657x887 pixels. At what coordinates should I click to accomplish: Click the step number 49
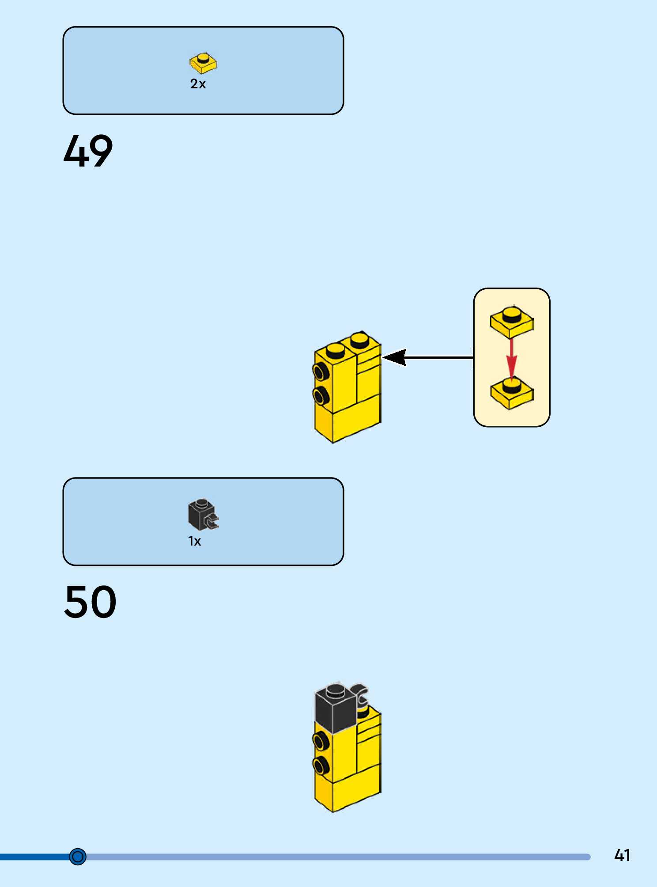tap(88, 151)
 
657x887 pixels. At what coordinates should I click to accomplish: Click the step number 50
tap(91, 602)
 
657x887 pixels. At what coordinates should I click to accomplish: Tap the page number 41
tap(622, 855)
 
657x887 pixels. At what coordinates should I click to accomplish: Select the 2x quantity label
tap(198, 84)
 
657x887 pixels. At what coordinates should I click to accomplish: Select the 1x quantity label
tap(195, 541)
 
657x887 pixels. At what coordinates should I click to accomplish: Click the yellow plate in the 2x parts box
tap(204, 63)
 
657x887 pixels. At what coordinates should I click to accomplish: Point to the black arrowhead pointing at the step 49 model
tap(394, 357)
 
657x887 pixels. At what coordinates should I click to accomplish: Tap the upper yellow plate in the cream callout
tap(512, 322)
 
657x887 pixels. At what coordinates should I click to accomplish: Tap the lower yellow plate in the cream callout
tap(512, 393)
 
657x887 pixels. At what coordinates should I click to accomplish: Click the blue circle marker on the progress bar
tap(78, 857)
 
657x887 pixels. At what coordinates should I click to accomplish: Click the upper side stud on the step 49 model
tap(321, 371)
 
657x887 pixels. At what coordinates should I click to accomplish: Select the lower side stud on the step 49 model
tap(321, 396)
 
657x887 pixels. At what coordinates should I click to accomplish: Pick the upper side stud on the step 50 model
tap(321, 741)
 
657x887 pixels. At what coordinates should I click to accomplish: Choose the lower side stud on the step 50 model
tap(321, 766)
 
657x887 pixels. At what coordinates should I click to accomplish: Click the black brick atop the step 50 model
tap(336, 707)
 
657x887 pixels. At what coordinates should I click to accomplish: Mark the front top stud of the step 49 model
tap(336, 350)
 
